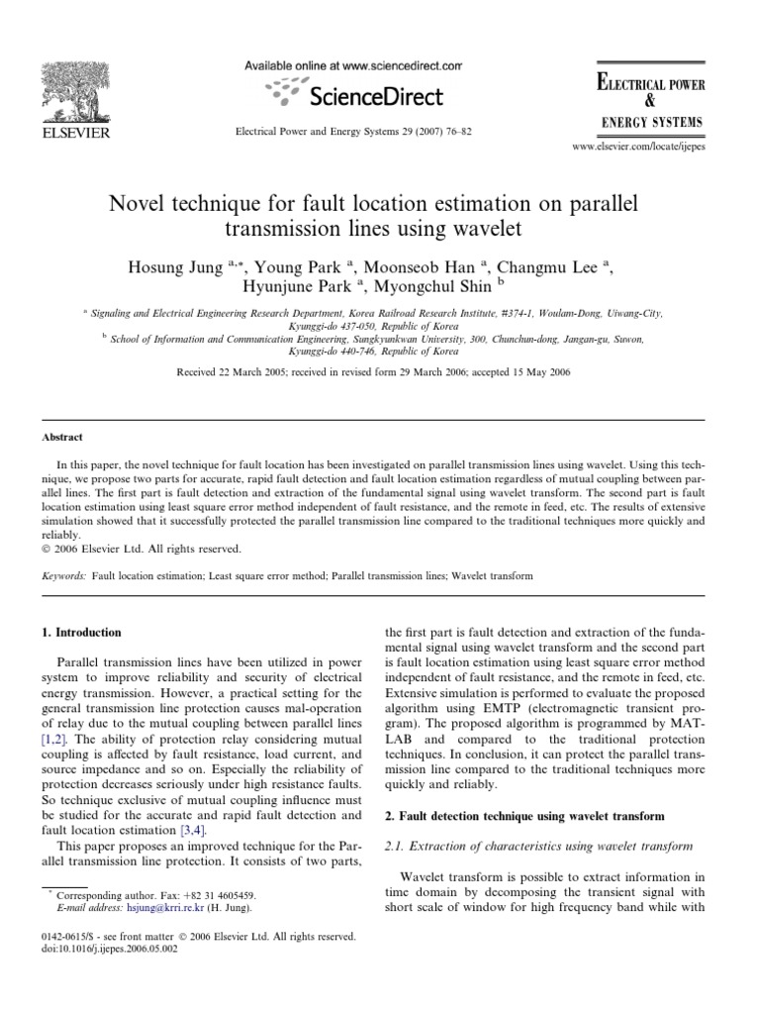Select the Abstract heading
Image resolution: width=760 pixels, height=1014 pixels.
(62, 437)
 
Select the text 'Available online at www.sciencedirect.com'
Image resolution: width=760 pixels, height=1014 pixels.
(353, 66)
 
